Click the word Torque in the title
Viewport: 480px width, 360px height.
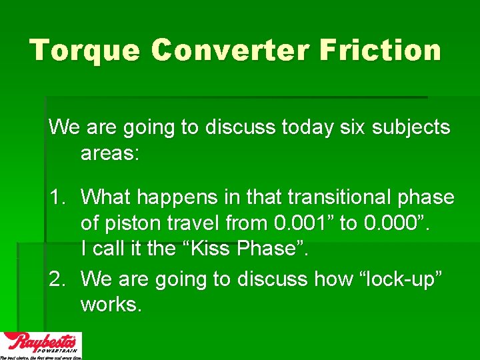[85, 51]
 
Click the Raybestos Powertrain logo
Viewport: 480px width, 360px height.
[41, 345]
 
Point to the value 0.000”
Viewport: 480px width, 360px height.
[398, 223]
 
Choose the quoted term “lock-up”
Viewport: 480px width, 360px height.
[405, 279]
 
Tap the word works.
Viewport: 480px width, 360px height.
[111, 305]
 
